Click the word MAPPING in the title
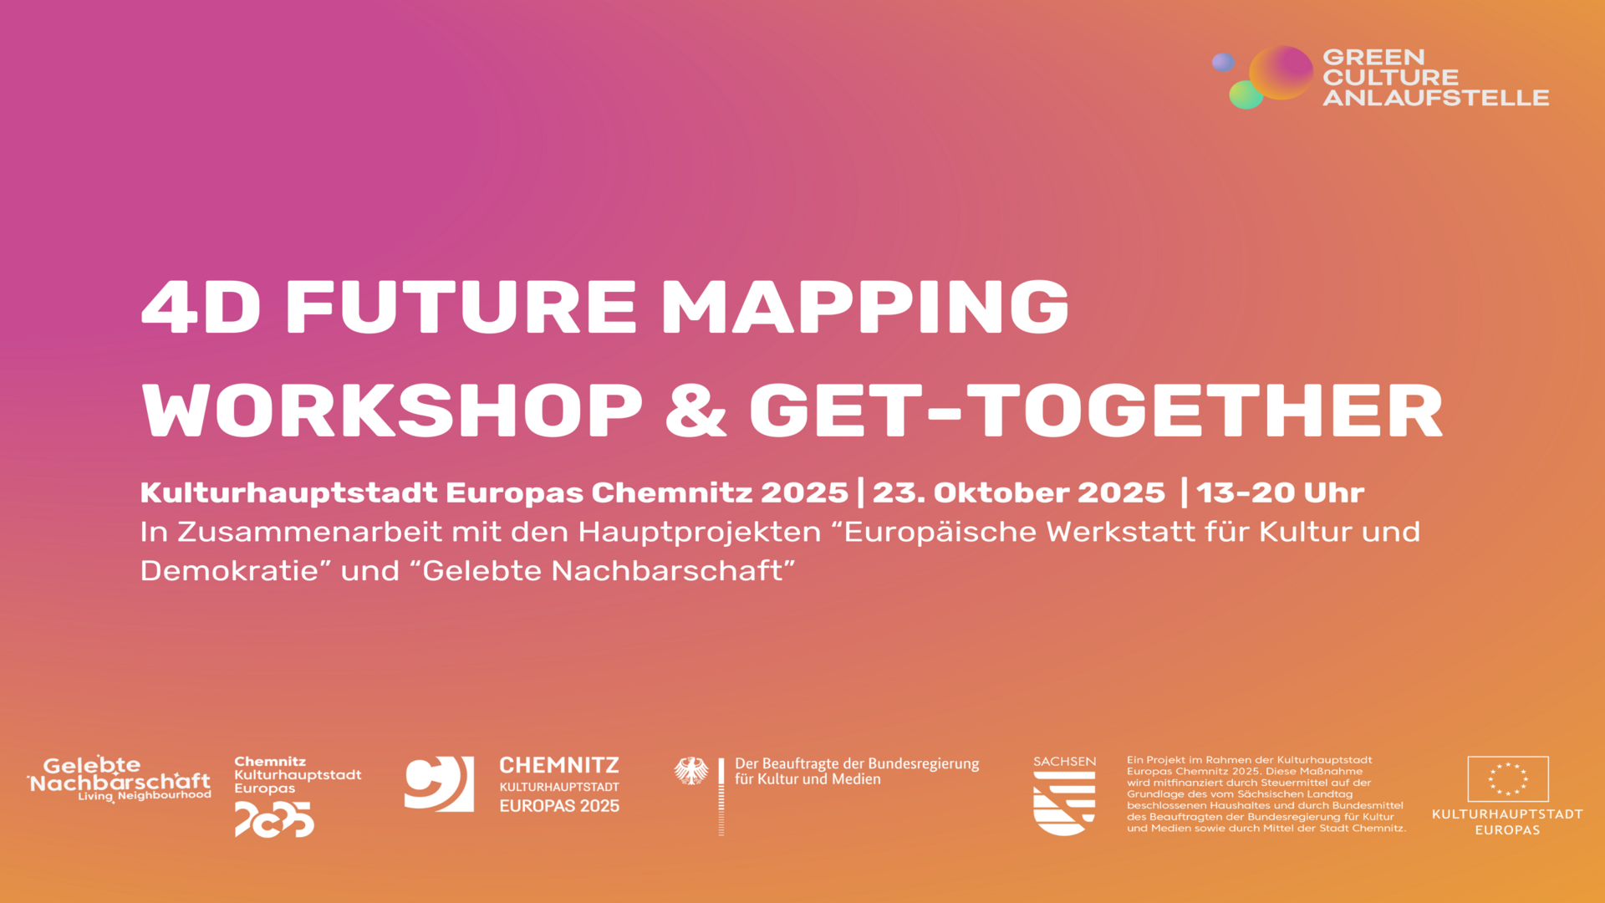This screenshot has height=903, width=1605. tap(865, 306)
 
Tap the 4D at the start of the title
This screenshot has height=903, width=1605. tap(201, 306)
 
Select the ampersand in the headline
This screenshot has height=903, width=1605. tap(695, 411)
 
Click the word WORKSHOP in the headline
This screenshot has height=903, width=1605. tap(392, 411)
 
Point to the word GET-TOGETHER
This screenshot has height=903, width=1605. tap(1097, 411)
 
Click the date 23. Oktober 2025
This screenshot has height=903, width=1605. tap(1019, 492)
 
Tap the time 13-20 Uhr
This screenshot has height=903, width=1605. tap(1281, 492)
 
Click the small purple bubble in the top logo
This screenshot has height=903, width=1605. tap(1223, 62)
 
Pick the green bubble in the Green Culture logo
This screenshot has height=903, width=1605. tap(1246, 94)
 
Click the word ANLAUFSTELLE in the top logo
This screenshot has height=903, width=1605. tap(1435, 98)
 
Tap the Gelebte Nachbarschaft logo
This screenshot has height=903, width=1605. tap(119, 779)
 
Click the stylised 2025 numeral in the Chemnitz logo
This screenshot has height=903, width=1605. tap(274, 819)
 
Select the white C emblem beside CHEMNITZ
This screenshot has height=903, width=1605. tap(439, 783)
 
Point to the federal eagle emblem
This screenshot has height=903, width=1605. tap(691, 771)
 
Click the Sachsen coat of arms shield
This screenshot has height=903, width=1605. tap(1064, 803)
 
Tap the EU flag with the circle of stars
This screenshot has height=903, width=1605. tap(1508, 779)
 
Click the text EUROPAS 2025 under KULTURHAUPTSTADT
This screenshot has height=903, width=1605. tap(559, 806)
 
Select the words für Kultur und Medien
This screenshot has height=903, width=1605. tap(808, 779)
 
